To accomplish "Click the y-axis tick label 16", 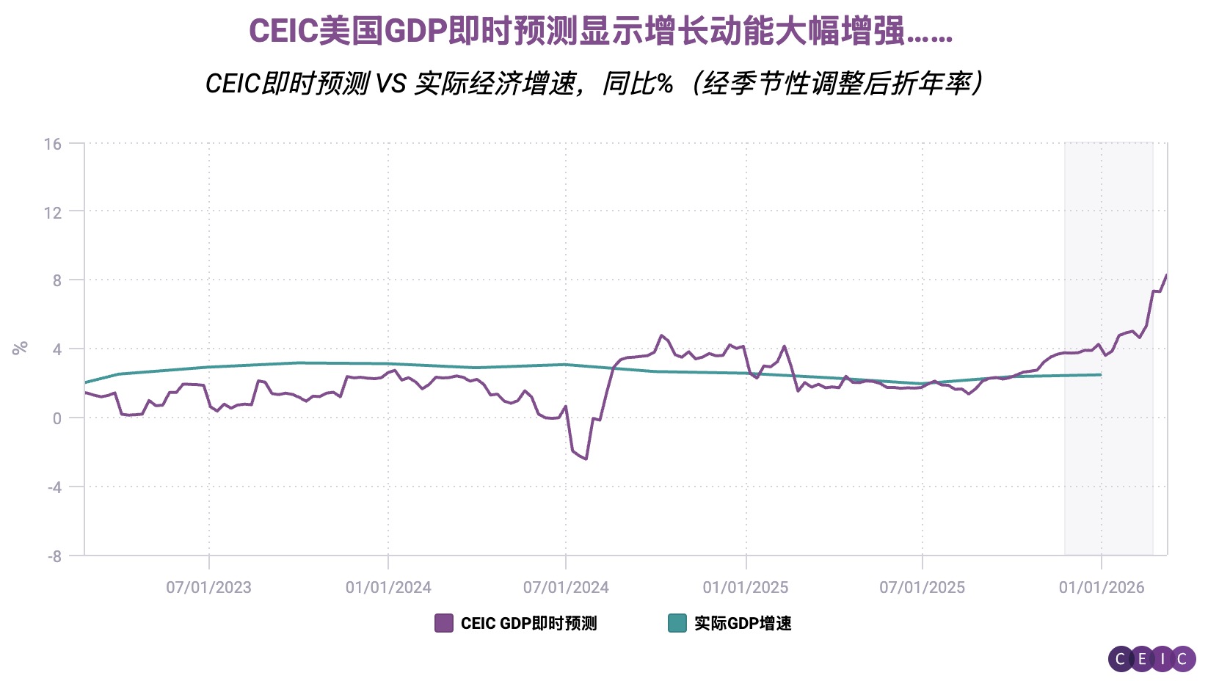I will [x=53, y=144].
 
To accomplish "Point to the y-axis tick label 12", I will [x=53, y=213].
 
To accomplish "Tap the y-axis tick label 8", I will [x=57, y=281].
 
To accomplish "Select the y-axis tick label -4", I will [x=54, y=487].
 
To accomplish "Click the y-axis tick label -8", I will [x=54, y=556].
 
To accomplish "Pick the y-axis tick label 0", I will [x=57, y=419].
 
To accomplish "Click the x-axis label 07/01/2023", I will [x=208, y=587].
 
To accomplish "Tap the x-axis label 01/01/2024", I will [x=388, y=587].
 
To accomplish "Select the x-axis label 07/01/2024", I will [x=566, y=587].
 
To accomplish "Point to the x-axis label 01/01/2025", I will [x=746, y=587].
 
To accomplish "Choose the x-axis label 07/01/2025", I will [x=923, y=587].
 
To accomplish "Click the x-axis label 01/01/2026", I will [x=1102, y=587].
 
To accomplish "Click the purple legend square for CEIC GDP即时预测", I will [x=444, y=623].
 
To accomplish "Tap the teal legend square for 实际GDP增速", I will [x=677, y=623].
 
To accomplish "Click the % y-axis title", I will [x=20, y=347].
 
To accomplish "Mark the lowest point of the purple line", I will [x=586, y=459].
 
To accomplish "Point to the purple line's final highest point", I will [x=1166, y=275].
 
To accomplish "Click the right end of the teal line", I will [x=1100, y=375].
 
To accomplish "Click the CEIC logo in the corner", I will [x=1151, y=658].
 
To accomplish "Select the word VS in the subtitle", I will [x=390, y=84].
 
